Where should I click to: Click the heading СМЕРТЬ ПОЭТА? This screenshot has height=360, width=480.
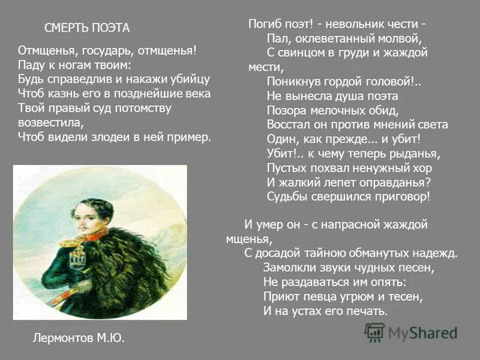pyautogui.click(x=87, y=28)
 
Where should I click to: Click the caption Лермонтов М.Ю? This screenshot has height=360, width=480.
pyautogui.click(x=79, y=338)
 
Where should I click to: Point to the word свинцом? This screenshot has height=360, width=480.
pyautogui.click(x=300, y=53)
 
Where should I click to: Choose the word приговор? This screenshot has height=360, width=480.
pyautogui.click(x=399, y=197)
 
